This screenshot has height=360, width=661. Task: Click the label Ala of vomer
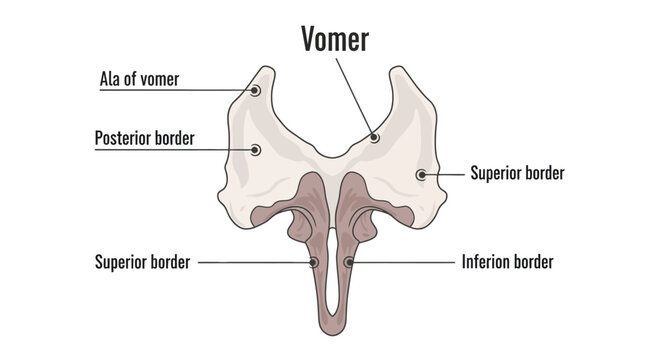[139, 79]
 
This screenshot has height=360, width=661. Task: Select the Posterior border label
[144, 138]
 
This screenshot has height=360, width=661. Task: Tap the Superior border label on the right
[517, 173]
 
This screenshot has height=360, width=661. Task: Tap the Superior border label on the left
[142, 262]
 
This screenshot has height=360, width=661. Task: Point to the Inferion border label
[507, 262]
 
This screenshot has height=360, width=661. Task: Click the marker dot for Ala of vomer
[255, 90]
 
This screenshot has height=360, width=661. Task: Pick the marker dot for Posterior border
[255, 150]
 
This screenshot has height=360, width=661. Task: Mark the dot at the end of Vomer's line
[374, 137]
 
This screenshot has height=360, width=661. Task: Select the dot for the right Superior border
[421, 174]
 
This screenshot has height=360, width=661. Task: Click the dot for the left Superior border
[314, 262]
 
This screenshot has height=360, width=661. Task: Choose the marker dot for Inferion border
[348, 262]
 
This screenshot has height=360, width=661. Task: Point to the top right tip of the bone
[399, 68]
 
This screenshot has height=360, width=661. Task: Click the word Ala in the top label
[110, 79]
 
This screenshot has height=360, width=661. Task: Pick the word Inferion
[487, 262]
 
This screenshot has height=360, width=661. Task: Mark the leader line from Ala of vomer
[215, 90]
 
